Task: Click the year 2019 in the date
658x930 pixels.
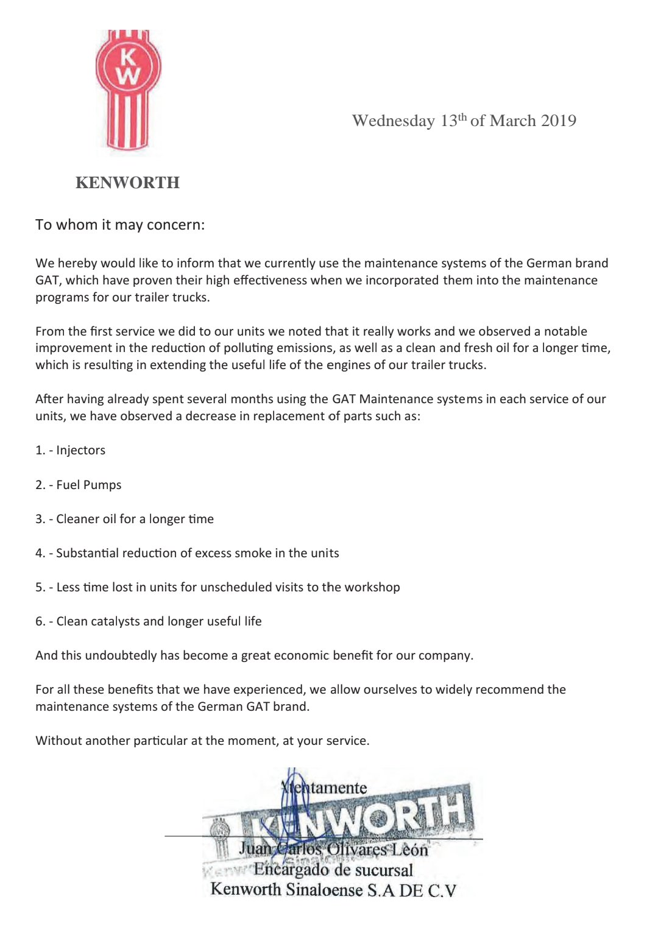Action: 558,121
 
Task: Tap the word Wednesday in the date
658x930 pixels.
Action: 393,121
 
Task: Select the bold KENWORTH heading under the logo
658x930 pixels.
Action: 127,183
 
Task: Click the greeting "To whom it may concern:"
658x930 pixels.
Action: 120,225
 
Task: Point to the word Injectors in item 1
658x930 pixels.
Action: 80,450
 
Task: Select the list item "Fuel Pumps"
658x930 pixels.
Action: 88,485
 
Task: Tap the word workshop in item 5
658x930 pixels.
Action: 372,587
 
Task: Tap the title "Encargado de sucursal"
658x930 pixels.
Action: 333,870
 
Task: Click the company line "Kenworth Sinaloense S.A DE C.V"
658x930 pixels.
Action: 333,890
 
